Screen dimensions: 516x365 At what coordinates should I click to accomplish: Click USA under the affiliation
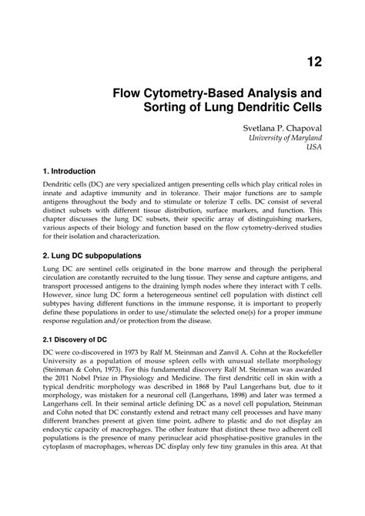coord(315,148)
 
